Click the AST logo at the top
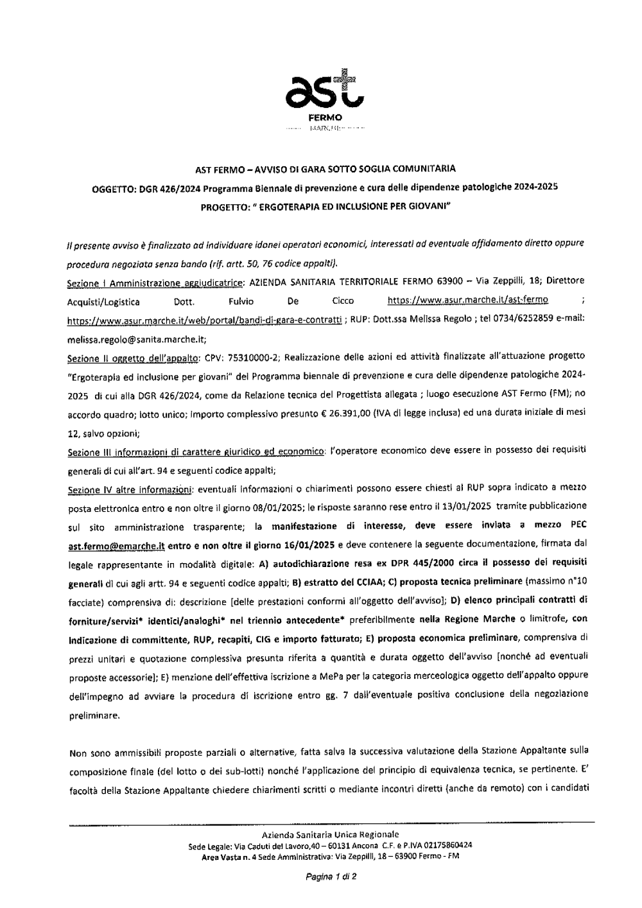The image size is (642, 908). pos(325,91)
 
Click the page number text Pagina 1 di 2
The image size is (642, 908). pos(331,875)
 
